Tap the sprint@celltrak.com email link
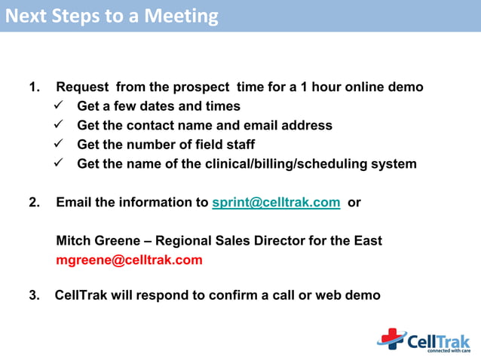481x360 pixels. pyautogui.click(x=276, y=203)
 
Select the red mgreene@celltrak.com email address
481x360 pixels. pyautogui.click(x=129, y=261)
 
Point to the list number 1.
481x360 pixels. pyautogui.click(x=34, y=87)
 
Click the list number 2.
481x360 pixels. pyautogui.click(x=34, y=203)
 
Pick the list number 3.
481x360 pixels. pyautogui.click(x=34, y=295)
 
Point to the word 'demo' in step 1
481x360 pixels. pyautogui.click(x=406, y=87)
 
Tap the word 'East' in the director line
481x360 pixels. pyautogui.click(x=366, y=241)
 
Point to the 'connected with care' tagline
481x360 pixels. pyautogui.click(x=448, y=350)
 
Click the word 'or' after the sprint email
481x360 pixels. pyautogui.click(x=354, y=203)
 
